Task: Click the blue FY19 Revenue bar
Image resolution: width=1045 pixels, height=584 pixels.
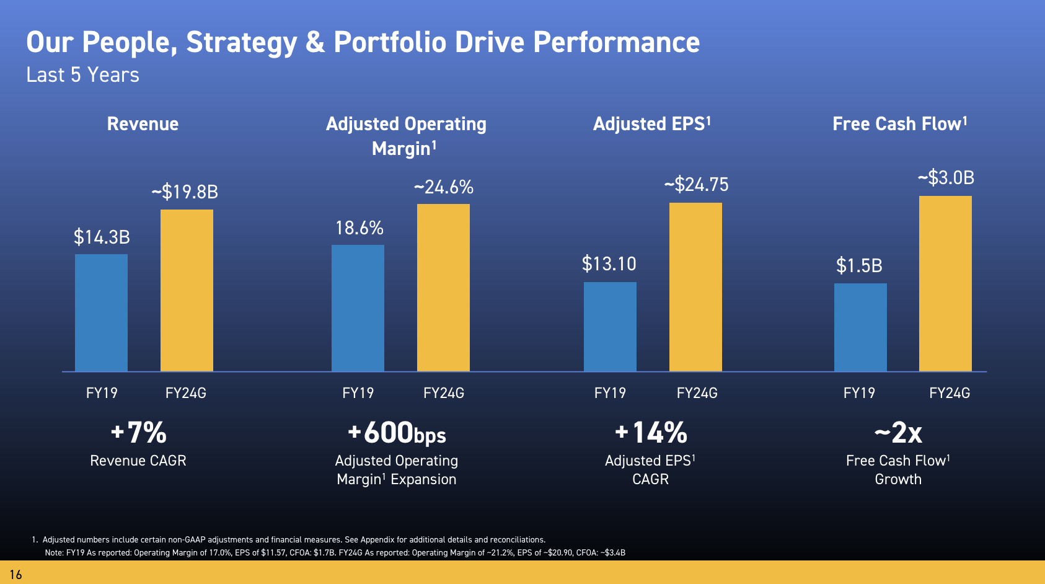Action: tap(101, 312)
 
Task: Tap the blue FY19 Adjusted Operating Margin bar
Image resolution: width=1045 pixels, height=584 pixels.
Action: tap(358, 308)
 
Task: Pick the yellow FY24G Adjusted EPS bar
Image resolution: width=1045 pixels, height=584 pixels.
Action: tap(695, 287)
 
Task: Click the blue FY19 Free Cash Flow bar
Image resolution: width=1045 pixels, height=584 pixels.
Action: tap(860, 327)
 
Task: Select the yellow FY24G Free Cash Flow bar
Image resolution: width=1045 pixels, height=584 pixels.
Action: tap(945, 283)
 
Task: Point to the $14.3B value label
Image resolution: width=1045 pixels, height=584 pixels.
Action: tap(102, 237)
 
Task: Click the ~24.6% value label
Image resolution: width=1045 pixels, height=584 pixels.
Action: tap(444, 187)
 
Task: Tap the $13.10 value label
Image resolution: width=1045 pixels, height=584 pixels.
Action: tap(609, 264)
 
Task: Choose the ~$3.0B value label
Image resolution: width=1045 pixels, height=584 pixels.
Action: tap(946, 178)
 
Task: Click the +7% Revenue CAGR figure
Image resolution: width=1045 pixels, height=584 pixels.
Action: tap(139, 432)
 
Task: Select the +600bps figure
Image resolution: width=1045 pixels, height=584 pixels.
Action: tap(397, 433)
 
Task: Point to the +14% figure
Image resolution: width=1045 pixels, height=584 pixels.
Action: tap(651, 432)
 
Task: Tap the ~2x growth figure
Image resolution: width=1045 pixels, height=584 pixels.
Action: tap(898, 432)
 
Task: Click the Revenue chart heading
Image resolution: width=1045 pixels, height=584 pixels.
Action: tap(143, 124)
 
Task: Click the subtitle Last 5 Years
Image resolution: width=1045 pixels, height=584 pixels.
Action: tap(82, 75)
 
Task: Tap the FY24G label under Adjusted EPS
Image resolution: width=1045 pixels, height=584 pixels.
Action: tap(697, 393)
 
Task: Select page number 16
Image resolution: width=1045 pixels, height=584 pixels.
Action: tap(15, 575)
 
